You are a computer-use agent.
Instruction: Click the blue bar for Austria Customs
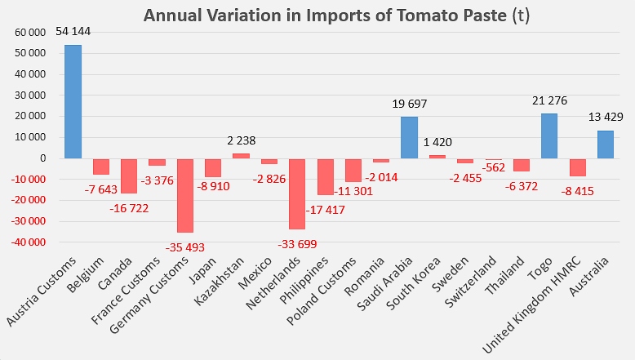point(73,101)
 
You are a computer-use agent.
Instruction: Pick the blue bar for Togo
point(549,136)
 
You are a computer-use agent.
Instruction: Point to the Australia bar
point(605,144)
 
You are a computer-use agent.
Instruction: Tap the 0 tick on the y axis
point(42,158)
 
